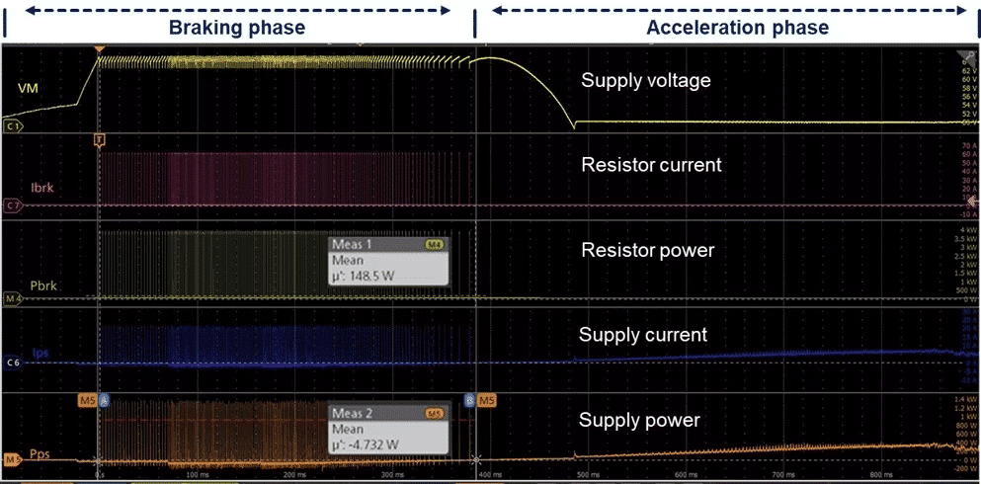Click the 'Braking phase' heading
[236, 28]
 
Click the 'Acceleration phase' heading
[737, 28]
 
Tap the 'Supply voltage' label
[645, 81]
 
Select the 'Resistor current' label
[651, 165]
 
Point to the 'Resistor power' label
[647, 250]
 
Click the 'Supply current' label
[643, 334]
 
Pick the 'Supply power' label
[639, 421]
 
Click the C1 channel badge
[13, 126]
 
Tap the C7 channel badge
[13, 205]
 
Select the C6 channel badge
[13, 363]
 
